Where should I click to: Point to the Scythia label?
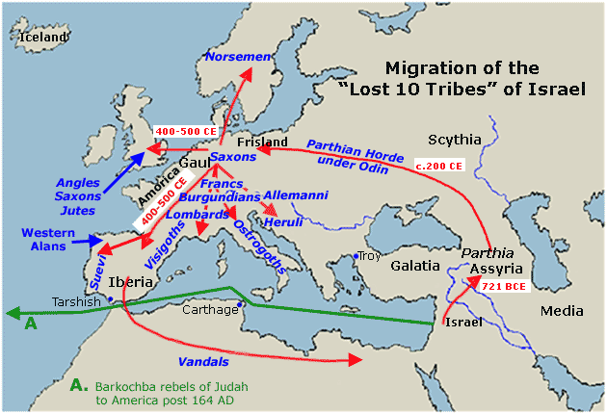point(454,140)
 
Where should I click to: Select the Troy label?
point(369,256)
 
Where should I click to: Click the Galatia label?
point(415,265)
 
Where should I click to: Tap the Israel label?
point(462,322)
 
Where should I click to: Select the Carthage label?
point(210,309)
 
